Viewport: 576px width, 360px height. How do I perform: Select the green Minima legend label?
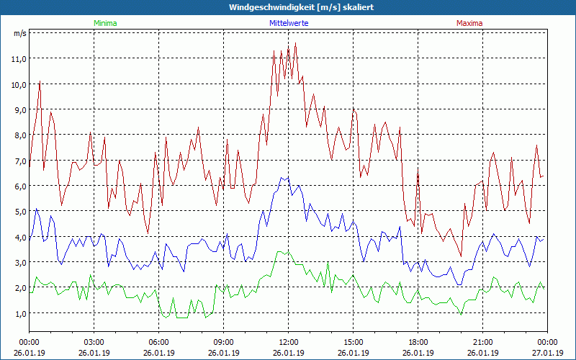point(104,23)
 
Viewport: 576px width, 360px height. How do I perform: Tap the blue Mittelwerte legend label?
point(288,23)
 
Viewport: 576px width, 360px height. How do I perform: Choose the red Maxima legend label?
point(469,23)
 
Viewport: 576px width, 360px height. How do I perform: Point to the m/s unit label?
point(20,33)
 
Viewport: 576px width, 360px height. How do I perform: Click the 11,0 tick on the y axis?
point(19,58)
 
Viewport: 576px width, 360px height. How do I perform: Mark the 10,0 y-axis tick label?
point(19,84)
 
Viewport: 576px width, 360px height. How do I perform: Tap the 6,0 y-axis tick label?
point(19,186)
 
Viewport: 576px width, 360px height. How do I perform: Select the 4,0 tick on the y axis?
point(19,237)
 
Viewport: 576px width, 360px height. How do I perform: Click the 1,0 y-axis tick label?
point(19,313)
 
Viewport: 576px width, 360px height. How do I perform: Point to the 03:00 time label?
point(94,342)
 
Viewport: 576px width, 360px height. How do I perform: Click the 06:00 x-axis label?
point(159,342)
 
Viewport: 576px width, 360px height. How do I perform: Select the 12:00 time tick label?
point(289,342)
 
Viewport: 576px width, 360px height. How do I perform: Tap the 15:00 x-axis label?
point(354,342)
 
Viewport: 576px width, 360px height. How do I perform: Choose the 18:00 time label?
point(418,342)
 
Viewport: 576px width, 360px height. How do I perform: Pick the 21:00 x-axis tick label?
point(483,342)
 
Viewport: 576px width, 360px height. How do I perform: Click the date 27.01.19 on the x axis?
point(548,353)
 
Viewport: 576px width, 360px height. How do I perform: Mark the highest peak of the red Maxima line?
point(295,43)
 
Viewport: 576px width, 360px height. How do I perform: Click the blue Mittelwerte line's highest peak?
point(288,176)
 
